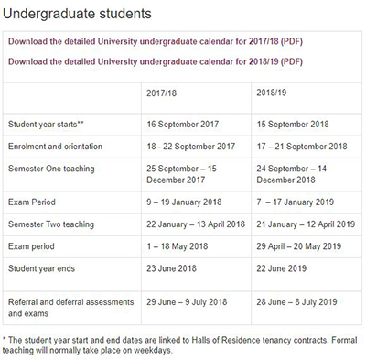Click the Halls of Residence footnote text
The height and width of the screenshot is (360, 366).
coord(183,344)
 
